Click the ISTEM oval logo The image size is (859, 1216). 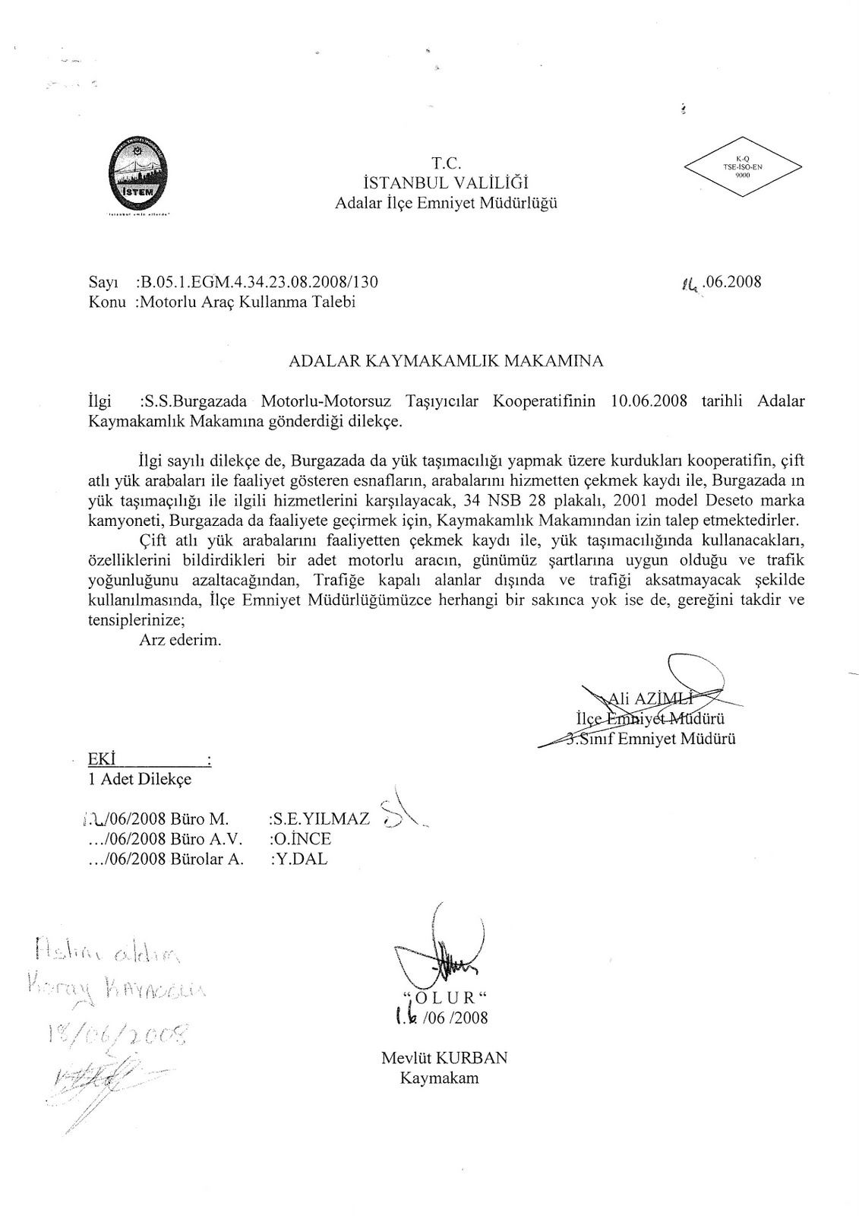click(143, 173)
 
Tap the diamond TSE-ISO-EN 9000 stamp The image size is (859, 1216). click(743, 166)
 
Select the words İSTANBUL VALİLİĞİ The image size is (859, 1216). click(446, 182)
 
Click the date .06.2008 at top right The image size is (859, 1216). click(731, 282)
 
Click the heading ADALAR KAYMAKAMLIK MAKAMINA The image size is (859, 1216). click(446, 362)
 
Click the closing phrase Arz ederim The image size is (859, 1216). click(180, 640)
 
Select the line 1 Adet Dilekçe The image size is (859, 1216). click(141, 778)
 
